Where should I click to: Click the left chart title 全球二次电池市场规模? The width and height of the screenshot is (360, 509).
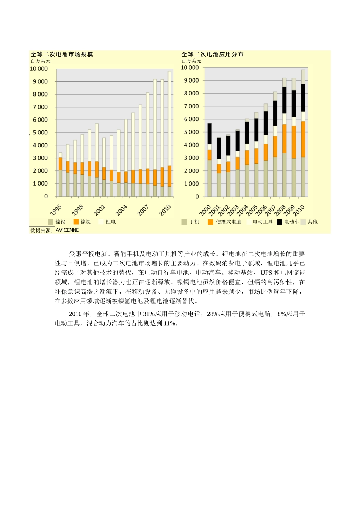pyautogui.click(x=62, y=55)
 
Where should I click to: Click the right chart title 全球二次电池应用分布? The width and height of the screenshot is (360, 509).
pyautogui.click(x=212, y=55)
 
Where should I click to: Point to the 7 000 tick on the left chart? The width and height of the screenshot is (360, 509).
pyautogui.click(x=40, y=107)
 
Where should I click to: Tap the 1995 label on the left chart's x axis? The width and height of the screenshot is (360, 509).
pyautogui.click(x=56, y=210)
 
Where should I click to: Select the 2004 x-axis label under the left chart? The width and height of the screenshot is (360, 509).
pyautogui.click(x=121, y=210)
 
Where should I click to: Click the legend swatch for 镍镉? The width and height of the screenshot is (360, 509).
pyautogui.click(x=50, y=222)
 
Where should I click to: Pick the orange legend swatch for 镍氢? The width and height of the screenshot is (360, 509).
pyautogui.click(x=76, y=222)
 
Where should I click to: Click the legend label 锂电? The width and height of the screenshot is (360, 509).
pyautogui.click(x=111, y=222)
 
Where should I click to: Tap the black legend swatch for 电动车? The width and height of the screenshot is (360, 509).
pyautogui.click(x=279, y=222)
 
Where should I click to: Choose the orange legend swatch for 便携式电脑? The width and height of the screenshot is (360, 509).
pyautogui.click(x=210, y=222)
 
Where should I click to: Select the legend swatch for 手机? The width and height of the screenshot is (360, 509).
pyautogui.click(x=184, y=222)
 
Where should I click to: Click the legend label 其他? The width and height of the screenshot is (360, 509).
pyautogui.click(x=313, y=222)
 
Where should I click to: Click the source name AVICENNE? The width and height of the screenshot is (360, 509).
pyautogui.click(x=67, y=230)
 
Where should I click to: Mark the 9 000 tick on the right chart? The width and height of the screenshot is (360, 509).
pyautogui.click(x=191, y=80)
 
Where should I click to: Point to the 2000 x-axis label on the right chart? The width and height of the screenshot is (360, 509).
pyautogui.click(x=205, y=210)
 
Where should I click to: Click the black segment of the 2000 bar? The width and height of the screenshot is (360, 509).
pyautogui.click(x=210, y=134)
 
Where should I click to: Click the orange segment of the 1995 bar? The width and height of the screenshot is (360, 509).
pyautogui.click(x=60, y=164)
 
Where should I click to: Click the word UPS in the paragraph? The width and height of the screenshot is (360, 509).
pyautogui.click(x=266, y=273)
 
